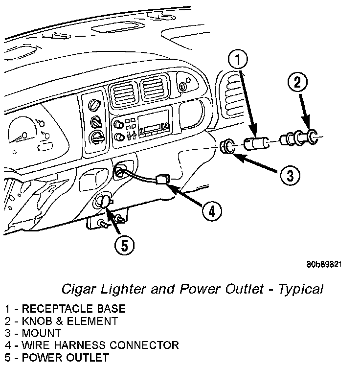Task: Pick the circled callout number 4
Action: pos(210,211)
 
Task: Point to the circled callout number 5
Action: pos(124,246)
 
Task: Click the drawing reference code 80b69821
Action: pos(323,264)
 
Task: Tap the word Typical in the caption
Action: pos(301,289)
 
